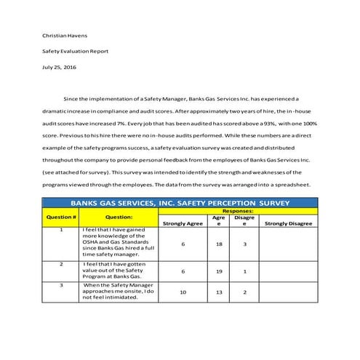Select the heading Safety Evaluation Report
click(75, 52)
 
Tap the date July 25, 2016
click(58, 68)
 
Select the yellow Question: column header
click(119, 217)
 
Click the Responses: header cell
click(237, 211)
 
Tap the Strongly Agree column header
click(183, 224)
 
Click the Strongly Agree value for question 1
click(183, 244)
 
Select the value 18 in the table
click(218, 244)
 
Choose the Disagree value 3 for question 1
click(245, 244)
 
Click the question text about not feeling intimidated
click(119, 292)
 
